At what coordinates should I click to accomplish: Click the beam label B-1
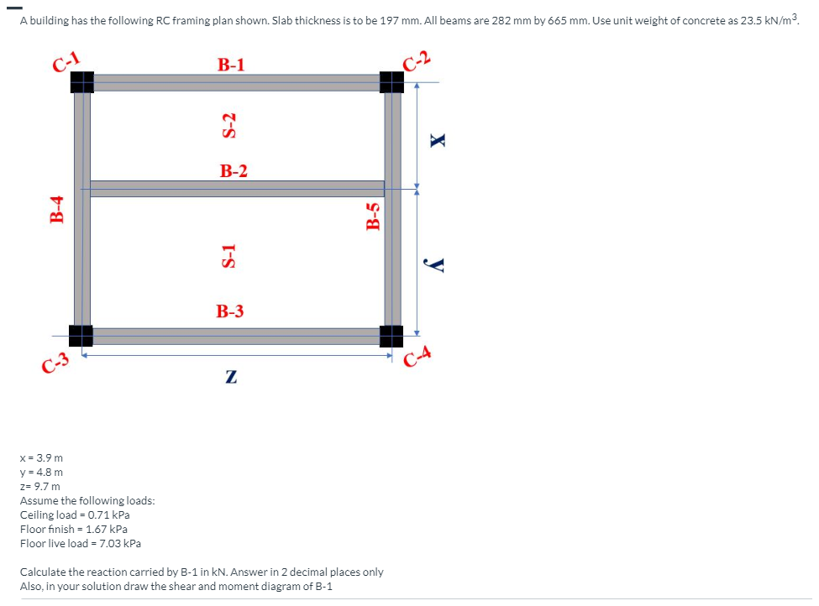coord(231,65)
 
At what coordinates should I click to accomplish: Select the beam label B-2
coord(234,171)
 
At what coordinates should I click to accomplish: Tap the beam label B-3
coord(230,311)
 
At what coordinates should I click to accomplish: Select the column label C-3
coord(55,362)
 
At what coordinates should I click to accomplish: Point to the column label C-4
coord(418,359)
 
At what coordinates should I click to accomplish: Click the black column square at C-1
coord(81,81)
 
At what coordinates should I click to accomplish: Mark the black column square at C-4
coord(391,336)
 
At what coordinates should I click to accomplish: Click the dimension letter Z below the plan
coord(230,378)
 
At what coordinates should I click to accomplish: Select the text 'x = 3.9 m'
coord(41,458)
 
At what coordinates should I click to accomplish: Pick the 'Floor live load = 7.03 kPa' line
coord(81,543)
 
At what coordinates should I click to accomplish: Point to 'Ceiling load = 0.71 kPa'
coord(75,515)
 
